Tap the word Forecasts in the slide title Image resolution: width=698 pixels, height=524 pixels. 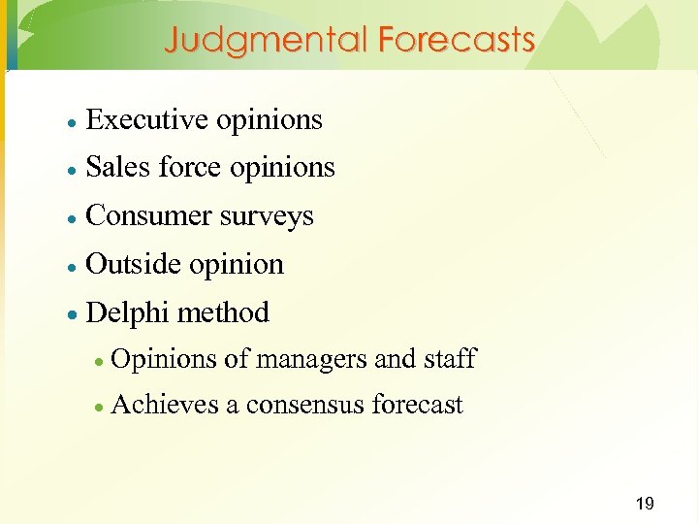(x=457, y=40)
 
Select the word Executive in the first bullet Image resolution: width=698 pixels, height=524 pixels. (x=147, y=119)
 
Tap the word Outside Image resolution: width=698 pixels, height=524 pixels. (x=134, y=264)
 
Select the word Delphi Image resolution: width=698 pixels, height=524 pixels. (x=128, y=312)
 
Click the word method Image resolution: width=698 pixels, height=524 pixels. (x=224, y=312)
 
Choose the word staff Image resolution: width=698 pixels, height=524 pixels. (x=450, y=358)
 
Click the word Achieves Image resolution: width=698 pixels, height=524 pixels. (x=166, y=404)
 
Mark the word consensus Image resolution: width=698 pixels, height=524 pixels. (x=305, y=405)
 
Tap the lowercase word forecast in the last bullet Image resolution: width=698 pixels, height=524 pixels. (x=418, y=404)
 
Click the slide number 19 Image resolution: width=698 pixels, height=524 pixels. (x=644, y=503)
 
